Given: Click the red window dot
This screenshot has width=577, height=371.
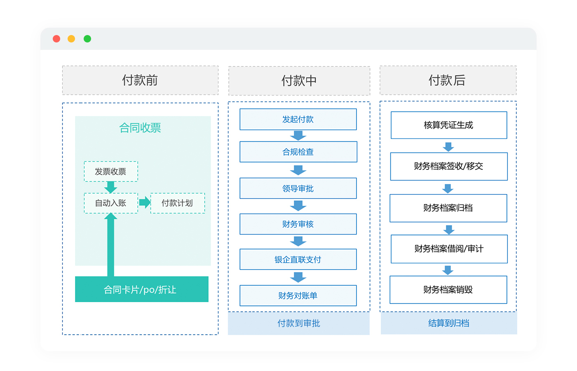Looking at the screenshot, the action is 56,39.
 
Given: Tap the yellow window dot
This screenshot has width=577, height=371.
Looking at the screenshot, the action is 71,39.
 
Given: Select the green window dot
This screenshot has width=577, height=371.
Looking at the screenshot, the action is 87,39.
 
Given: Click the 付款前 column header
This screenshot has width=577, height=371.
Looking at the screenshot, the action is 141,80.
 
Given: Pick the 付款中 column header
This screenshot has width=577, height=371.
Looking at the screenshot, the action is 299,81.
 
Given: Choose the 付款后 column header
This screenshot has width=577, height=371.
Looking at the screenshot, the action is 448,80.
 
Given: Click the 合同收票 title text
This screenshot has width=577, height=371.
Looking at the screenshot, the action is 140,128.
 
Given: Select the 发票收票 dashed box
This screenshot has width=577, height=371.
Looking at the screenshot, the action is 111,171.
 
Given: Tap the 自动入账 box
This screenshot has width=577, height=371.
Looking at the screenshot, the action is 111,203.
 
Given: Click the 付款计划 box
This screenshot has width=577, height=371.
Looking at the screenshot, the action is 178,203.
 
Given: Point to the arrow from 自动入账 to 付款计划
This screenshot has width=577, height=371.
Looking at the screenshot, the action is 145,202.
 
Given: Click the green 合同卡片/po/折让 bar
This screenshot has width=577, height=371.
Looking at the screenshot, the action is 142,289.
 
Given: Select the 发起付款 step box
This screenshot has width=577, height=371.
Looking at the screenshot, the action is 298,119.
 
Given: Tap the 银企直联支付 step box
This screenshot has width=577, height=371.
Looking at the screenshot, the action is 298,259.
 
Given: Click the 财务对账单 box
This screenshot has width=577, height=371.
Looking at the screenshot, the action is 298,296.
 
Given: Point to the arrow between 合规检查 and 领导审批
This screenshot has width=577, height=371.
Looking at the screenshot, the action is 298,170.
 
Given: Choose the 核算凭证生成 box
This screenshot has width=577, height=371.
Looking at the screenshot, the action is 449,125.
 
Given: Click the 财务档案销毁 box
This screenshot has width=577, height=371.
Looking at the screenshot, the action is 448,289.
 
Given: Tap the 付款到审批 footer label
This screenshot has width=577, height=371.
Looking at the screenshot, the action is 299,323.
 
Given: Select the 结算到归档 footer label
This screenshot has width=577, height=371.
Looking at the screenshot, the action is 449,323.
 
